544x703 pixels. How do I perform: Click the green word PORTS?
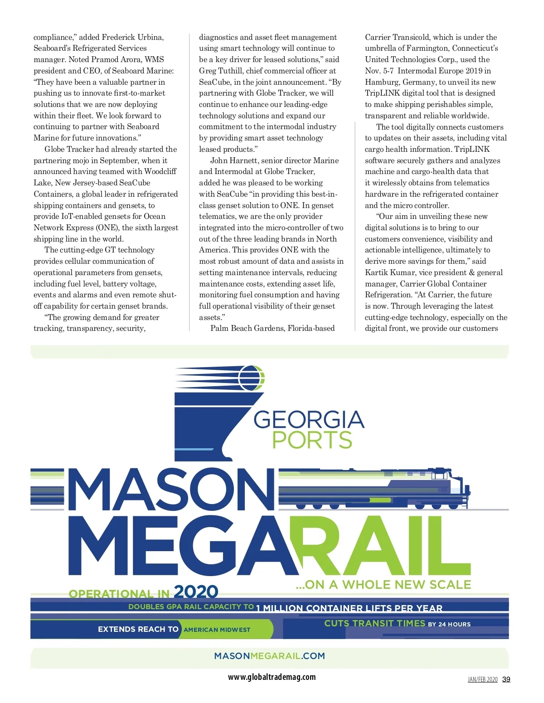[x=312, y=440]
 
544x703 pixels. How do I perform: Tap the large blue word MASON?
[x=171, y=490]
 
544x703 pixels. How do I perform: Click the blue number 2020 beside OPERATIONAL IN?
[x=196, y=591]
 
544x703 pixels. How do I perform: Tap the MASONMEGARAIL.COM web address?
[x=269, y=656]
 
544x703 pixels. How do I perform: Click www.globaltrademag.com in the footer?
[x=272, y=677]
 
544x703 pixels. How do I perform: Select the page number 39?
[x=506, y=679]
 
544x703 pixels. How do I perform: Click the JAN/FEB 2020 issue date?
[x=482, y=679]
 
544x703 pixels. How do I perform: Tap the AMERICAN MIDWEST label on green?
[x=217, y=630]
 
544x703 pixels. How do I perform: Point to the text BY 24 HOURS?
[x=449, y=624]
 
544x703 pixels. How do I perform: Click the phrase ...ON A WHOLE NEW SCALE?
[x=383, y=585]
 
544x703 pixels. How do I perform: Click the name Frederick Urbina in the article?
[x=133, y=37]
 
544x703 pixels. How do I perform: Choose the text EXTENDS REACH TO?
[x=138, y=629]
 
